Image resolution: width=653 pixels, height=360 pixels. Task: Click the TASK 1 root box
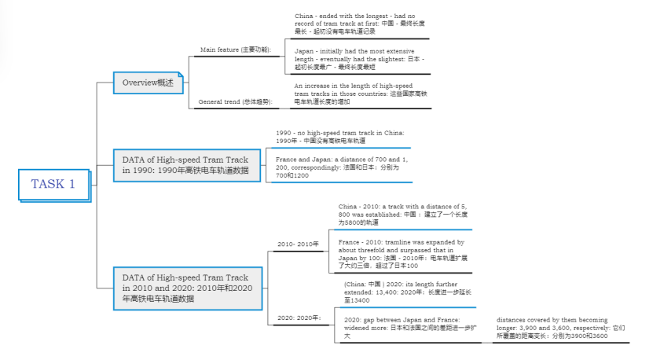(53, 184)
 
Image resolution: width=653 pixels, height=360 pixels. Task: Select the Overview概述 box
(149, 83)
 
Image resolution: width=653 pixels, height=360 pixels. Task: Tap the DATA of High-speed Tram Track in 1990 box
(185, 165)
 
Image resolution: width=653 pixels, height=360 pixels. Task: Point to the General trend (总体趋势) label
(234, 101)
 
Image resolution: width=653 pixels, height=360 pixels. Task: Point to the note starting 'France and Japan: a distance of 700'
(339, 167)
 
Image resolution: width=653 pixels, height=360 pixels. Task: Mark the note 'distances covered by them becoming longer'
(561, 328)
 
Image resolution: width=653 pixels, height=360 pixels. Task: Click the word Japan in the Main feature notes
(305, 50)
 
